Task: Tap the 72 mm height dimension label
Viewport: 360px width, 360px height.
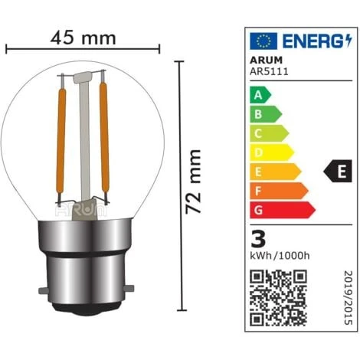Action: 193,182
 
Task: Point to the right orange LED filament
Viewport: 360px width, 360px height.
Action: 104,137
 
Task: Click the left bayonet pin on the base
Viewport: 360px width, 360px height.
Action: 43,290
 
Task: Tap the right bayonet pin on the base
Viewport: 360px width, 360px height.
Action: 129,289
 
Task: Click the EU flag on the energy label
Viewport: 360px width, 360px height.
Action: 263,41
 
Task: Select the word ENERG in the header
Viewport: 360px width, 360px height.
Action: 314,41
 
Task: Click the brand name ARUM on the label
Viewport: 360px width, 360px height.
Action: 266,60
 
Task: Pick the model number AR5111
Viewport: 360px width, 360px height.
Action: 269,71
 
